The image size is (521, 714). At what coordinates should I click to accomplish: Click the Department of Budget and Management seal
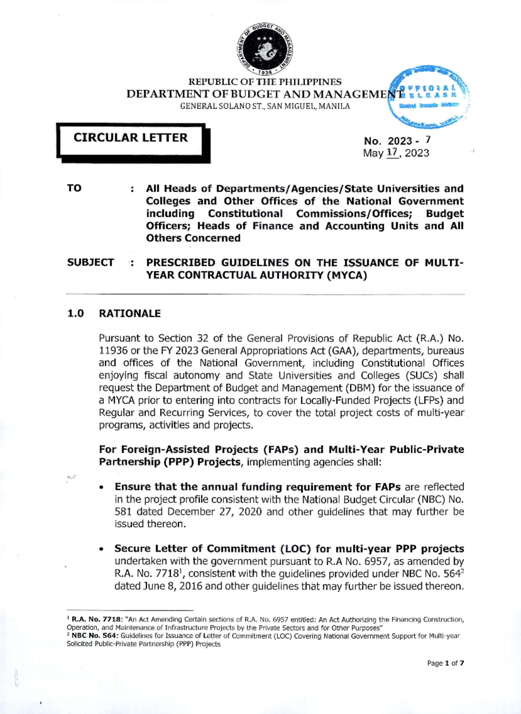point(265,49)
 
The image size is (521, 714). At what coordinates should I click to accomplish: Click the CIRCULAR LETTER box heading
point(130,138)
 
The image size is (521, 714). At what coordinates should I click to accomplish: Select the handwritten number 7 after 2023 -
point(428,139)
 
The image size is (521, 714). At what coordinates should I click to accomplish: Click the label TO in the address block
point(74,188)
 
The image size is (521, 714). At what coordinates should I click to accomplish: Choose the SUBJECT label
point(90,262)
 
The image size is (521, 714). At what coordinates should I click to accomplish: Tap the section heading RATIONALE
point(130,313)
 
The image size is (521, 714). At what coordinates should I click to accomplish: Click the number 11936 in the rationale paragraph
point(113,351)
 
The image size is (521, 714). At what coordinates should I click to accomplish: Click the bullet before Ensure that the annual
point(102,488)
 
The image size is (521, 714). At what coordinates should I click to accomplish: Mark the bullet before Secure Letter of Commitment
point(102,549)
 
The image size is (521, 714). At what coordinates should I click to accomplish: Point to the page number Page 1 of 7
point(445,663)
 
